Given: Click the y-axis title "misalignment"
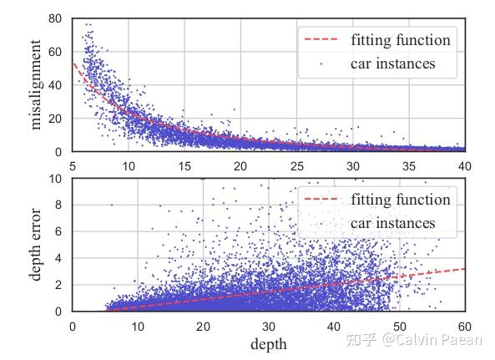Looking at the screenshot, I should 36,87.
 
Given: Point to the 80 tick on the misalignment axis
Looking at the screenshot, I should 56,18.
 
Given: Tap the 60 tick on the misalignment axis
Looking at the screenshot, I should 56,52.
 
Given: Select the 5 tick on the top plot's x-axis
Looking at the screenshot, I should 73,165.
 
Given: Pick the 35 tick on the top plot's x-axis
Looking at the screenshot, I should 409,165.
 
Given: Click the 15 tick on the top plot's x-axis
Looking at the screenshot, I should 185,165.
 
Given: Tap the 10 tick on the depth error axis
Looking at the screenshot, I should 56,179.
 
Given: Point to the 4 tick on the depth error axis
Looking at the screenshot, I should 59,259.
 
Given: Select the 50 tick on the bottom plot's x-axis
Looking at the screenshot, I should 399,326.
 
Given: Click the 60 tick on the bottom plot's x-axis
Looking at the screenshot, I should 464,326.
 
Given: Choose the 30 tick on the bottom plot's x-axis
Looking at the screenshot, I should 269,326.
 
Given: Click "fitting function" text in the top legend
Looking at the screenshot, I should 400,40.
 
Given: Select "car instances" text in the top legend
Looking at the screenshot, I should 393,63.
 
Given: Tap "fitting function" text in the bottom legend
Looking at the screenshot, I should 400,200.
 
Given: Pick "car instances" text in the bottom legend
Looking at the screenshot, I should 393,223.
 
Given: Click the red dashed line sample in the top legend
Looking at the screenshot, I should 322,40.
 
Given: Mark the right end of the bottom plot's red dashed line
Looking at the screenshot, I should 464,269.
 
